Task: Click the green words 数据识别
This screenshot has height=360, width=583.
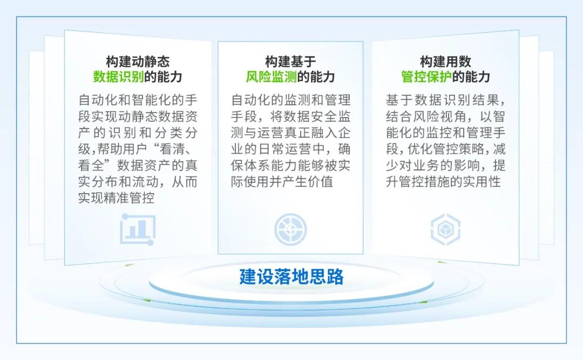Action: point(118,77)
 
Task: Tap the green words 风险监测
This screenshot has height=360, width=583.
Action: point(271,77)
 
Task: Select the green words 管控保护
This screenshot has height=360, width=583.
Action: point(426,77)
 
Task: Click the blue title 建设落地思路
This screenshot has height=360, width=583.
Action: point(291,277)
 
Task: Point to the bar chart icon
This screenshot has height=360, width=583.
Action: point(137,229)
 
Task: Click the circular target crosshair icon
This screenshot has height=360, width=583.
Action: point(290,229)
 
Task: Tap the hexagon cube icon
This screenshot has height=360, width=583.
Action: point(445,229)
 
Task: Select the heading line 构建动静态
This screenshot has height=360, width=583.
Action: point(138,62)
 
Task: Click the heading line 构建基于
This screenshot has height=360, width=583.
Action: point(290,62)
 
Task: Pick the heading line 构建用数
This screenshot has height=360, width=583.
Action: point(445,62)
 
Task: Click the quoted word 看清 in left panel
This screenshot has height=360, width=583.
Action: point(172,149)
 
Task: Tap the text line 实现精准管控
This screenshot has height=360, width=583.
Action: point(117,198)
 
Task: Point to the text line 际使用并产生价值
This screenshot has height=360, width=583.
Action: point(282,182)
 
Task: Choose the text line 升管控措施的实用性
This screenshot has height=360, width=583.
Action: point(443,182)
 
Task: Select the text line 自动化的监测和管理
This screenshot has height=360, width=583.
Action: point(291,100)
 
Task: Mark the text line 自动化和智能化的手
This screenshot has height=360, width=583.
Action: point(138,100)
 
